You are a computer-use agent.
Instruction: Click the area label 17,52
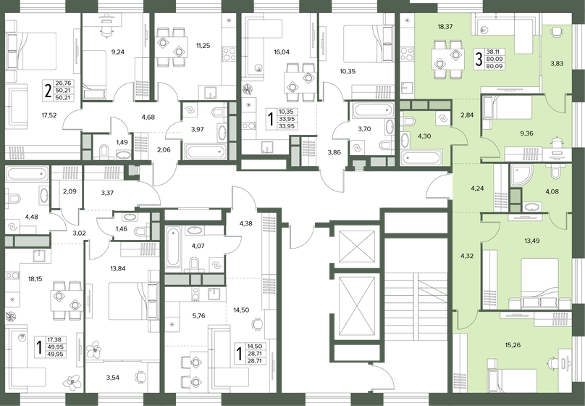49,115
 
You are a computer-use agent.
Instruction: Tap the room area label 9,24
118,52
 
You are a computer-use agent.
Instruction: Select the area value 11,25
203,46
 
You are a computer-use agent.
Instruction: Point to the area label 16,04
282,52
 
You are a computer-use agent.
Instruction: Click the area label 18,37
445,27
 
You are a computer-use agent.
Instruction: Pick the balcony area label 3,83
557,64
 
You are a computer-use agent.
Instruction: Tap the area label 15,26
513,345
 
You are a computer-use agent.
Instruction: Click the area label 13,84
118,268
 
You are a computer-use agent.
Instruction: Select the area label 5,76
198,315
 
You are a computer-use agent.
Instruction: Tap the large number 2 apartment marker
48,91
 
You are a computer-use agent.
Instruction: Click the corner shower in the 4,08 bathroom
522,175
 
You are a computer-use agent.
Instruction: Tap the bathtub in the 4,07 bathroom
173,247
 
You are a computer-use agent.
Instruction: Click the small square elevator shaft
357,246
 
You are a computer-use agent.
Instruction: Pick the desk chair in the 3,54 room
140,376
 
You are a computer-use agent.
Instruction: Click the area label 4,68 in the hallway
148,117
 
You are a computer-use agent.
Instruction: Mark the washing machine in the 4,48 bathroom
12,227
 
